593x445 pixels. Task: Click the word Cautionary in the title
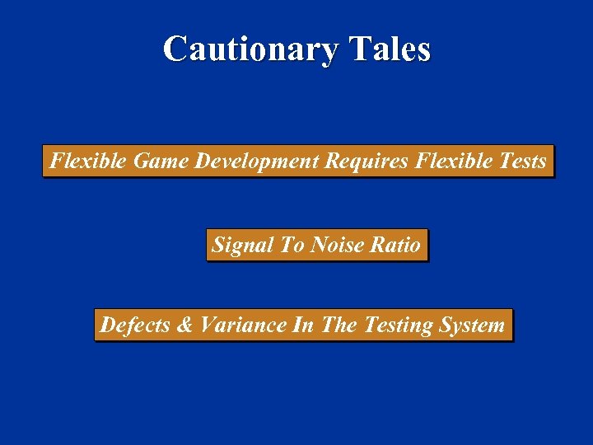[250, 49]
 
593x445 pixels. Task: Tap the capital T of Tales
[357, 49]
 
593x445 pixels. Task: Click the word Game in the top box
[161, 161]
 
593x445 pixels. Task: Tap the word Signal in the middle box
[244, 245]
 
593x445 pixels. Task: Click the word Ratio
[395, 245]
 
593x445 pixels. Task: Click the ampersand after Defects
[184, 325]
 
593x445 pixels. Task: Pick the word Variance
[242, 325]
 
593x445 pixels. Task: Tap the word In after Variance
[302, 325]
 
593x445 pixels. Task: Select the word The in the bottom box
[339, 325]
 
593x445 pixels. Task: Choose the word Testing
[398, 326]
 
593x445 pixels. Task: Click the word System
[472, 326]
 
